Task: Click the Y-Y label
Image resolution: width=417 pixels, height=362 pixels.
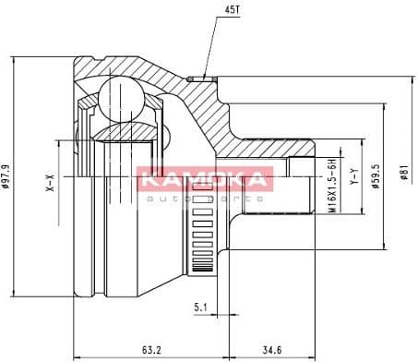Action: (351, 175)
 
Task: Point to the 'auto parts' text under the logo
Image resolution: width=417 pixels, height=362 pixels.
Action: (205, 198)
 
